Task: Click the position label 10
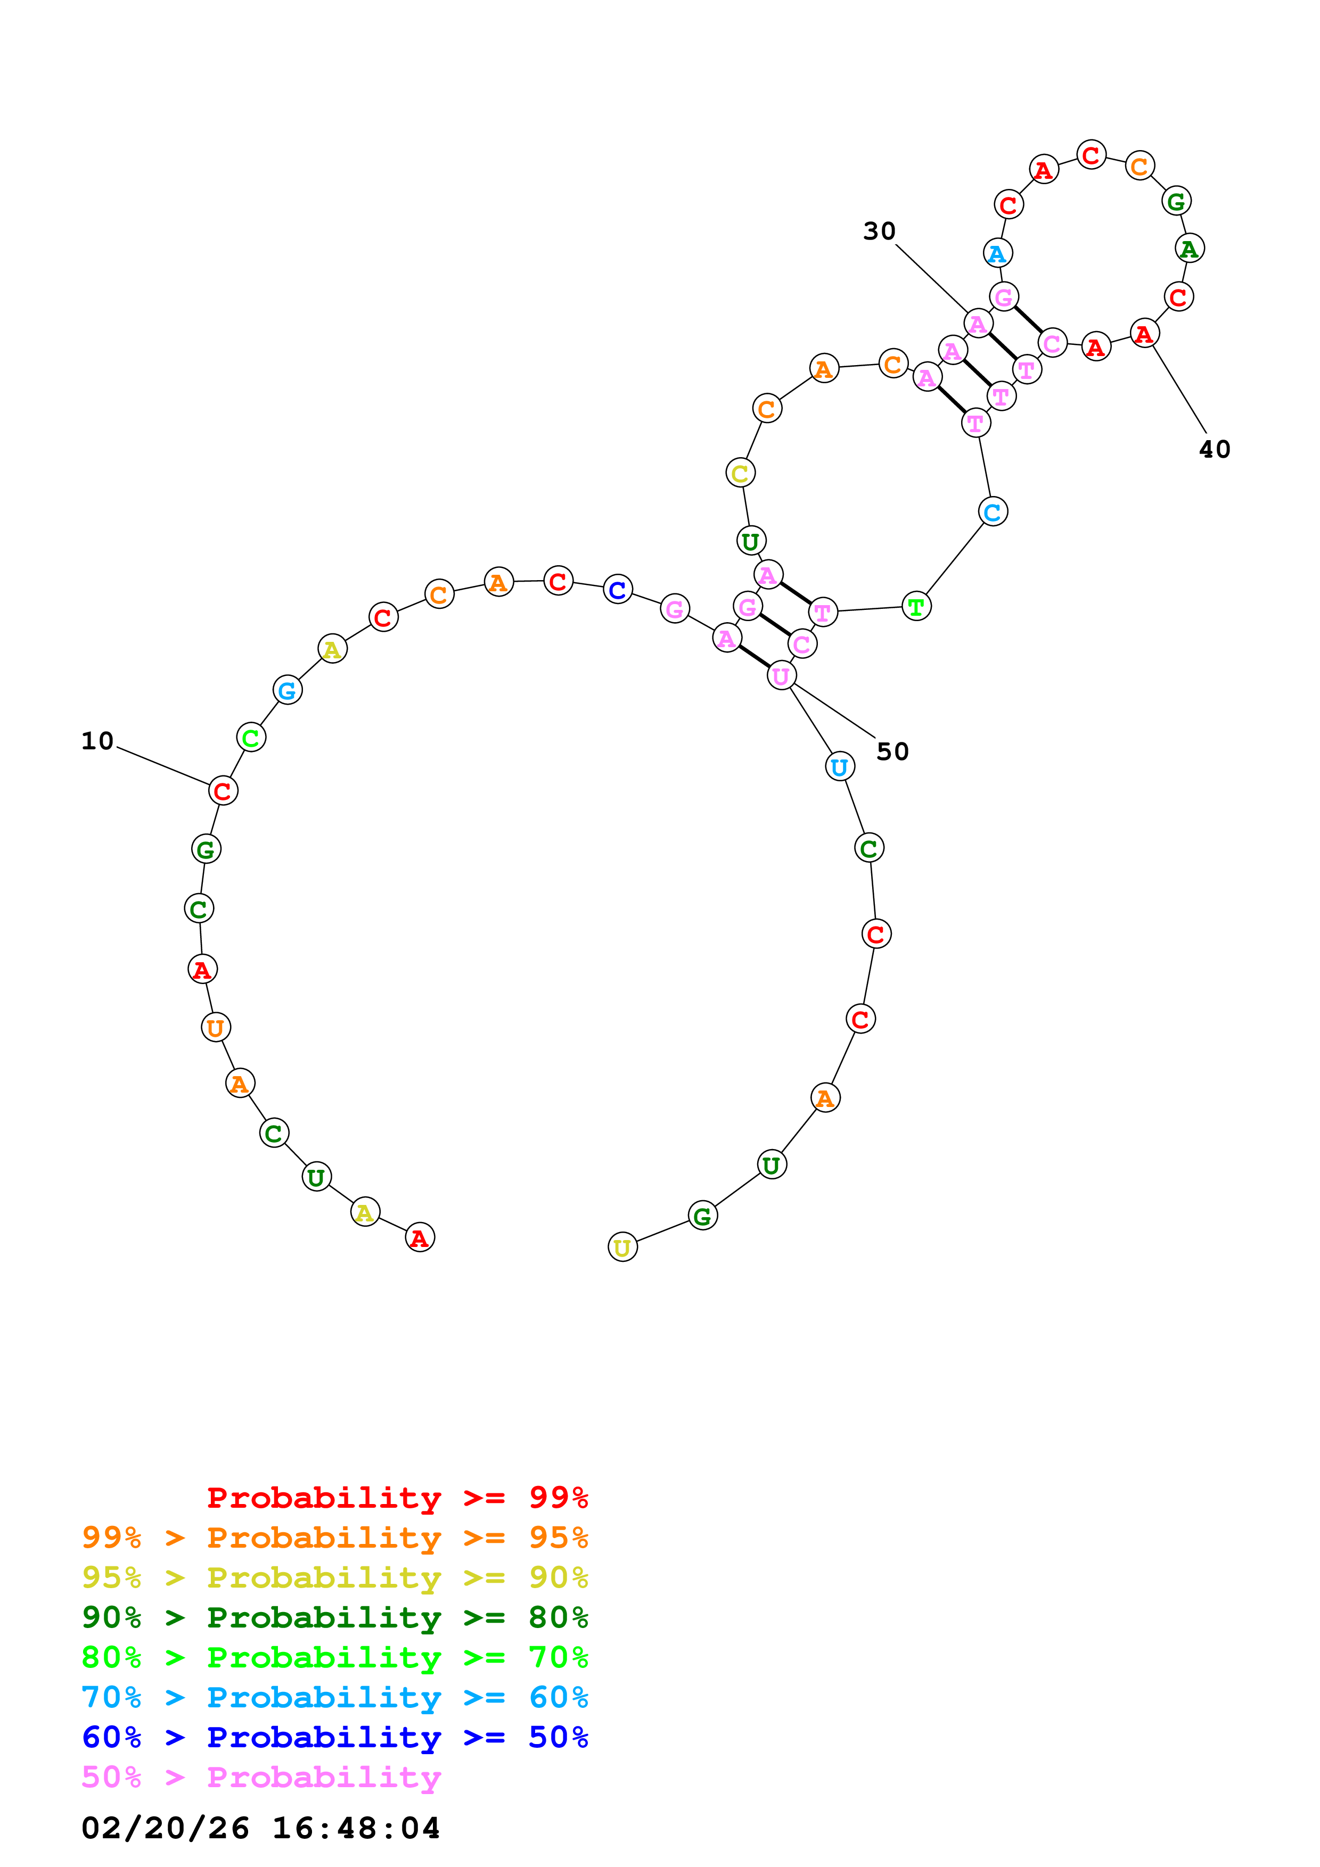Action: (97, 741)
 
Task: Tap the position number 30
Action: (879, 231)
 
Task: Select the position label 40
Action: (1214, 449)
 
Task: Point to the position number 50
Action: (892, 751)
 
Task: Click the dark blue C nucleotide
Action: (617, 590)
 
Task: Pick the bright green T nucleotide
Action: (916, 607)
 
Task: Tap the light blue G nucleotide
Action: (287, 690)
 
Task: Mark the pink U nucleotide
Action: (781, 676)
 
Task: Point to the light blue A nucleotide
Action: (997, 254)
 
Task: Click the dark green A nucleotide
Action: (1189, 249)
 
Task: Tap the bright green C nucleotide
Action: (250, 738)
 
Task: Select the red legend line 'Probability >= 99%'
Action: (397, 1498)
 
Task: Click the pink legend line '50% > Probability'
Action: (261, 1778)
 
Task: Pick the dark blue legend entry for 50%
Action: (334, 1738)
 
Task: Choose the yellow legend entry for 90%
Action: (334, 1577)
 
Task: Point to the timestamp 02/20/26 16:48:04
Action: (260, 1829)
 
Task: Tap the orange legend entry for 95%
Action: (334, 1538)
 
